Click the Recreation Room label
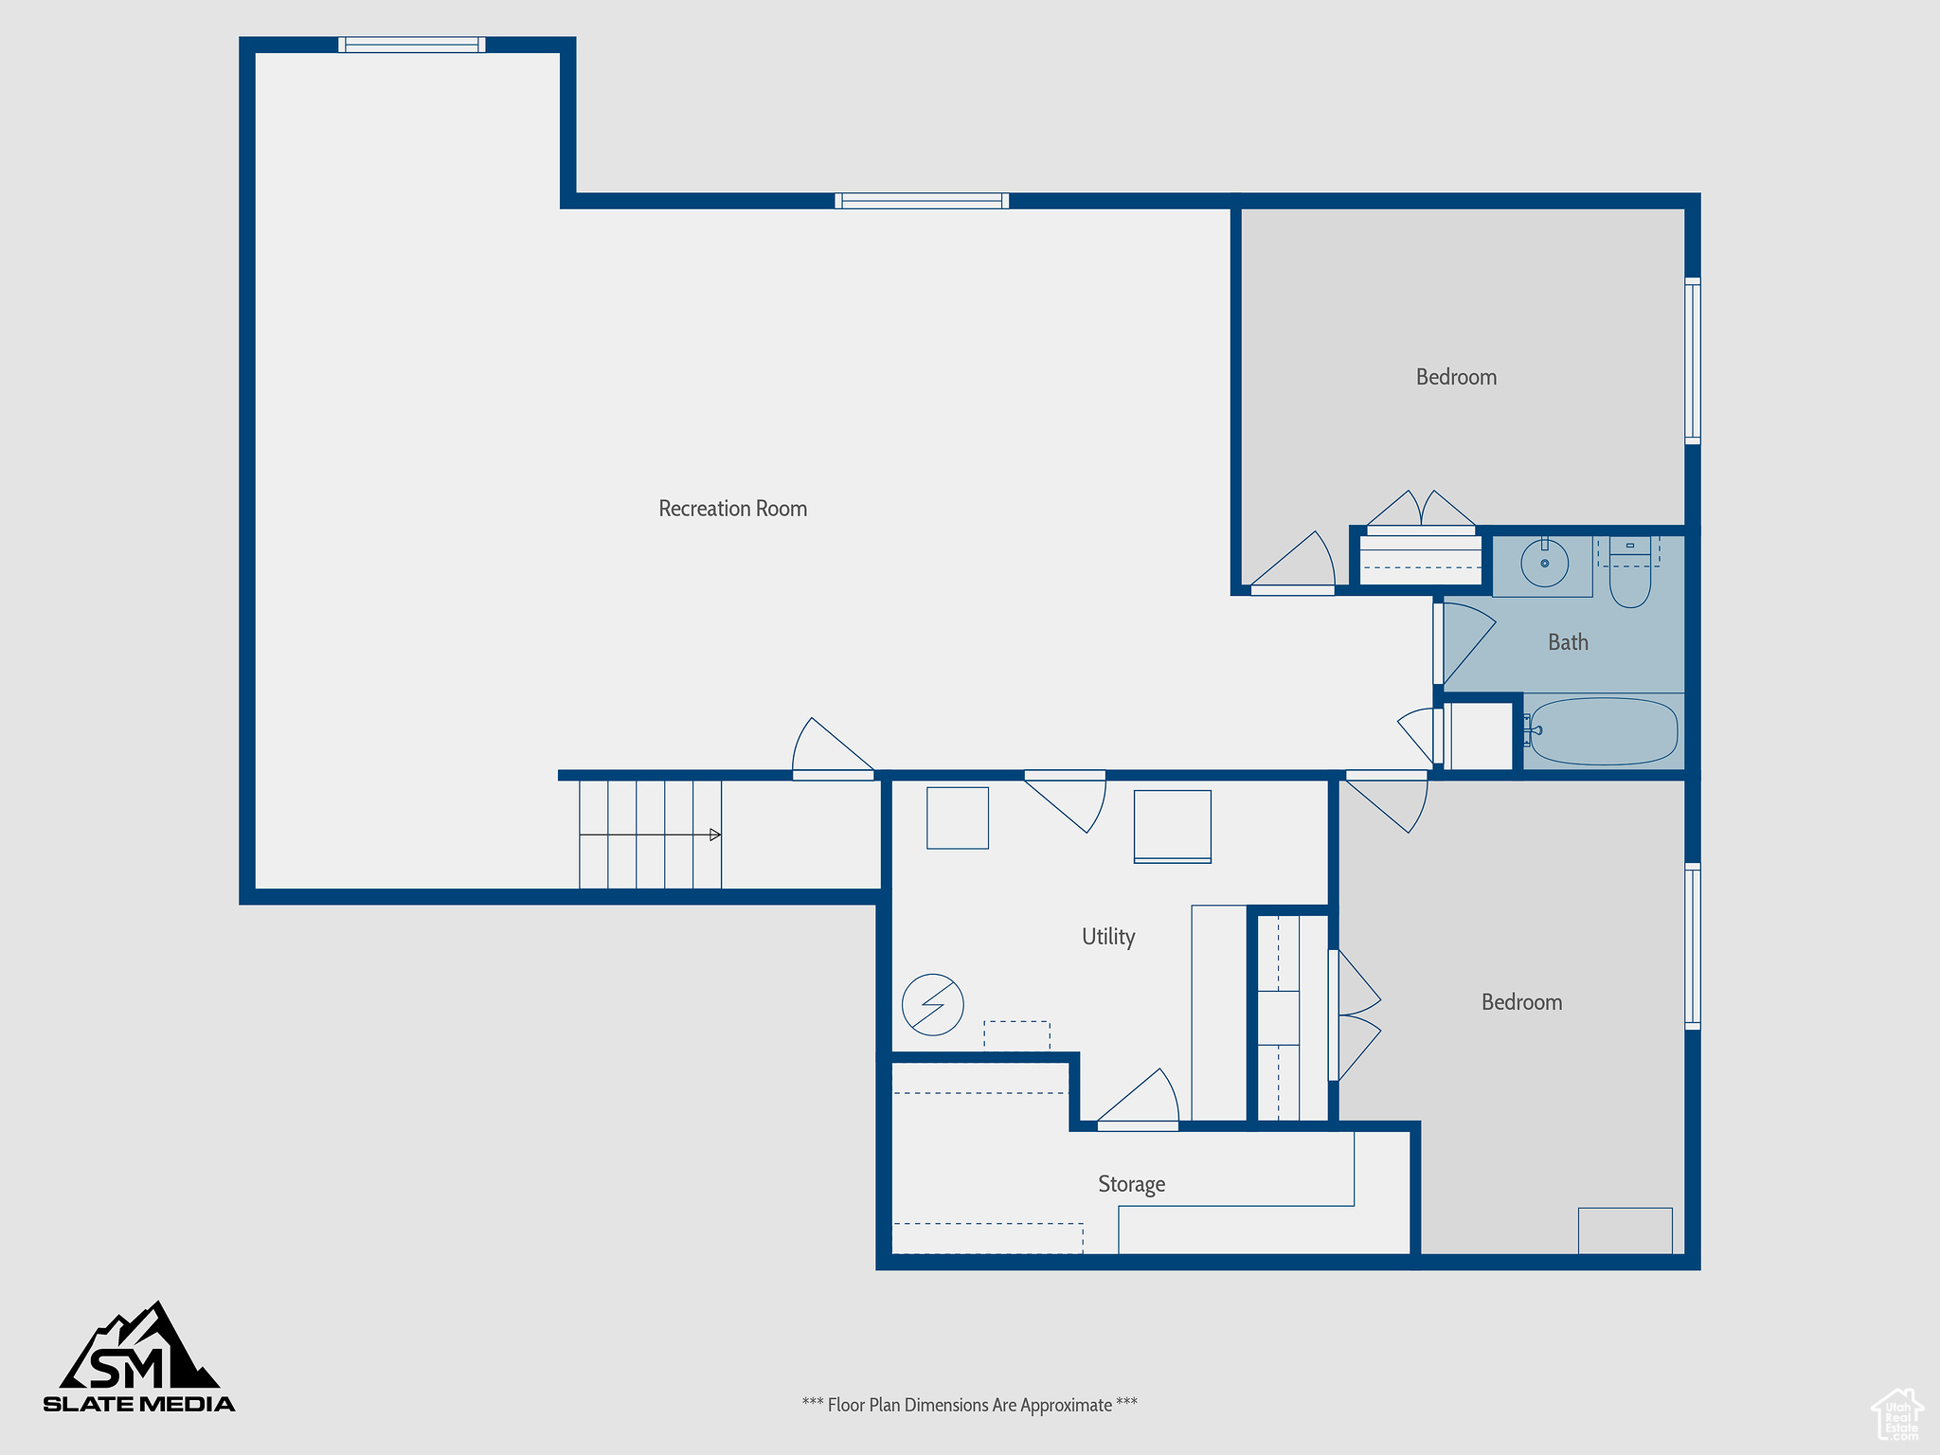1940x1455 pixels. [732, 509]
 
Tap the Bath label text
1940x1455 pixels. [1568, 642]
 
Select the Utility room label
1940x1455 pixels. [1108, 937]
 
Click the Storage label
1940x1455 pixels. [1131, 1184]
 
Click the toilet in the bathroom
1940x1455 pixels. [1629, 576]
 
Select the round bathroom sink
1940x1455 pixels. [1544, 565]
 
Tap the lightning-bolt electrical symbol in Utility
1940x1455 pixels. [932, 1004]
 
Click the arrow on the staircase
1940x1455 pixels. [715, 835]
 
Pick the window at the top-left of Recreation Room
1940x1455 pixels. [412, 45]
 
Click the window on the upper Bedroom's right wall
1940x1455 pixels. [1692, 361]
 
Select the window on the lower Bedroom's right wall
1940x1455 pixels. [1692, 946]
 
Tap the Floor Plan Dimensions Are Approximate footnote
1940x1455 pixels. [969, 1405]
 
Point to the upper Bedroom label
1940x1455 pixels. [1456, 377]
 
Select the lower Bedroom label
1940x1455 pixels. [1521, 1002]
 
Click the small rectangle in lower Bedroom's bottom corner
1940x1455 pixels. [1625, 1230]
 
